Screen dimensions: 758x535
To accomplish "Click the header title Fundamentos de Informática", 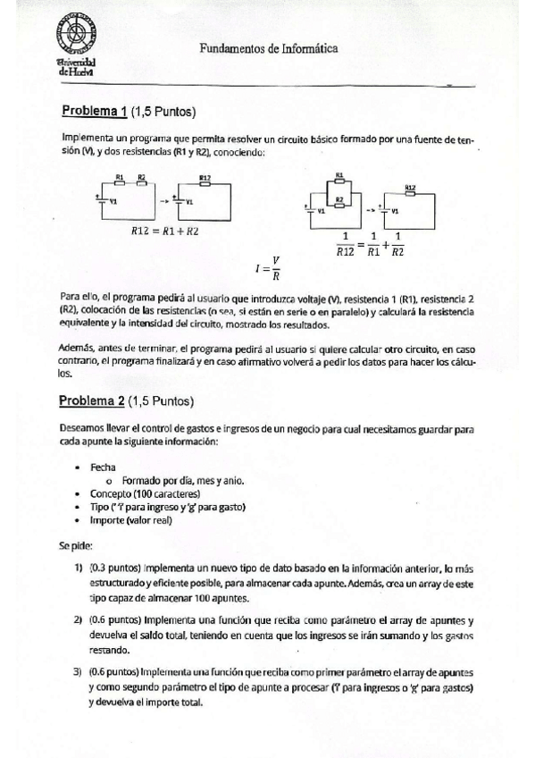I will pyautogui.click(x=268, y=52).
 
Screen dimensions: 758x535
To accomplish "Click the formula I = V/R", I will pyautogui.click(x=268, y=267).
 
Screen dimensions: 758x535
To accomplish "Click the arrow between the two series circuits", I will pyautogui.click(x=163, y=200).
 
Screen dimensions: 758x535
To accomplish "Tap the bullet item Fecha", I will pyautogui.click(x=103, y=467).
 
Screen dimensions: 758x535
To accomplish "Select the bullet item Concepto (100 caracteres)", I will pyautogui.click(x=145, y=493).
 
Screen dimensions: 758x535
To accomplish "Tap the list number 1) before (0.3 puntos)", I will pyautogui.click(x=79, y=568).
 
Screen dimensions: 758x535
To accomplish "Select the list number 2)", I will pyautogui.click(x=79, y=619).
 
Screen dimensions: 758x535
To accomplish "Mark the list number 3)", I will pyautogui.click(x=79, y=670).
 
